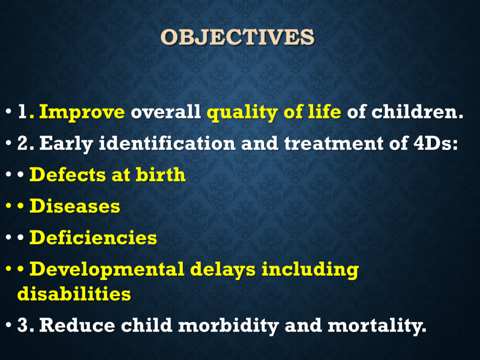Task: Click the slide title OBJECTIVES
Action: [238, 37]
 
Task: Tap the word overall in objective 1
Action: [165, 112]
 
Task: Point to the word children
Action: [418, 112]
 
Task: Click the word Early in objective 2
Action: [66, 143]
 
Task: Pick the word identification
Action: [167, 143]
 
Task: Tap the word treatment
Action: [334, 143]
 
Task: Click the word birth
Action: [161, 174]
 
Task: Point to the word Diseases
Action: [75, 206]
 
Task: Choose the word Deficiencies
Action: [93, 238]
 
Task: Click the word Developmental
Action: [107, 270]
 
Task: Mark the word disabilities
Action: [74, 293]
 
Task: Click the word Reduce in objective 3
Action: [77, 325]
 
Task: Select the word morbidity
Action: [228, 326]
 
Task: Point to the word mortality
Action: [377, 326]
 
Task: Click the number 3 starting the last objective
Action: [22, 325]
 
